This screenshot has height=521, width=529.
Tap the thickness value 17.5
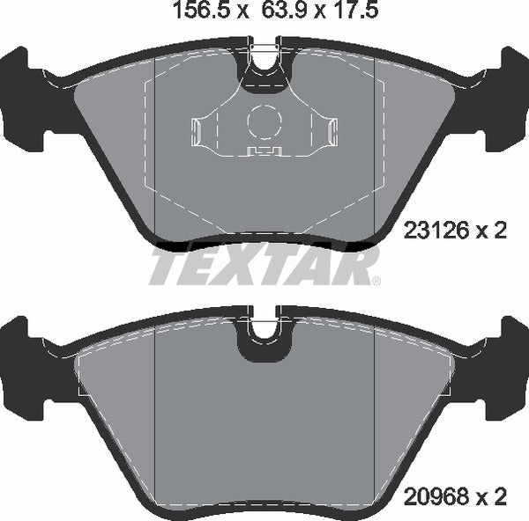pyautogui.click(x=350, y=13)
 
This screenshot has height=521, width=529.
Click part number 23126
pyautogui.click(x=435, y=231)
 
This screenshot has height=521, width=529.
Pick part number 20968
pyautogui.click(x=435, y=499)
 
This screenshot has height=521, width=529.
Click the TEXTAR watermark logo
pyautogui.click(x=262, y=266)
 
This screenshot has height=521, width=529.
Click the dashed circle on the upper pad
pyautogui.click(x=263, y=121)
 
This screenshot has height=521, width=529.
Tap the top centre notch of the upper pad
pyautogui.click(x=264, y=60)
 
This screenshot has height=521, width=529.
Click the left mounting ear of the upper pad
pyautogui.click(x=26, y=97)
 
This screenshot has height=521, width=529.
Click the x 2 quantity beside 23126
pyautogui.click(x=494, y=231)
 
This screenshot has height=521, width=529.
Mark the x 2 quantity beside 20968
pyautogui.click(x=494, y=499)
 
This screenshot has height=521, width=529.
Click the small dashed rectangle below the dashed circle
pyautogui.click(x=262, y=150)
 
